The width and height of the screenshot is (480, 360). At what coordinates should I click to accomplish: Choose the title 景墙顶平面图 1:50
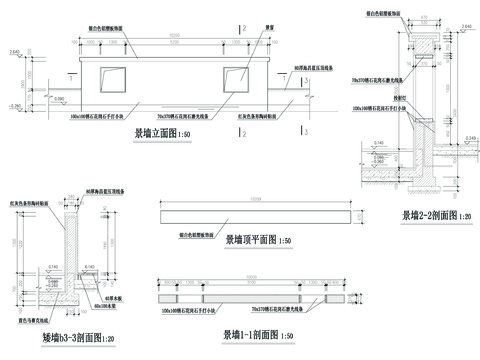(x=258, y=240)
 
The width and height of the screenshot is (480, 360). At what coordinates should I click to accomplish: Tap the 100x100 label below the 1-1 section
(x=188, y=312)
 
